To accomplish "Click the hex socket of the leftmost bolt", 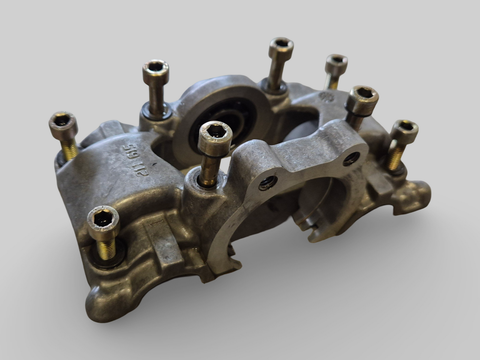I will (x=63, y=122).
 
